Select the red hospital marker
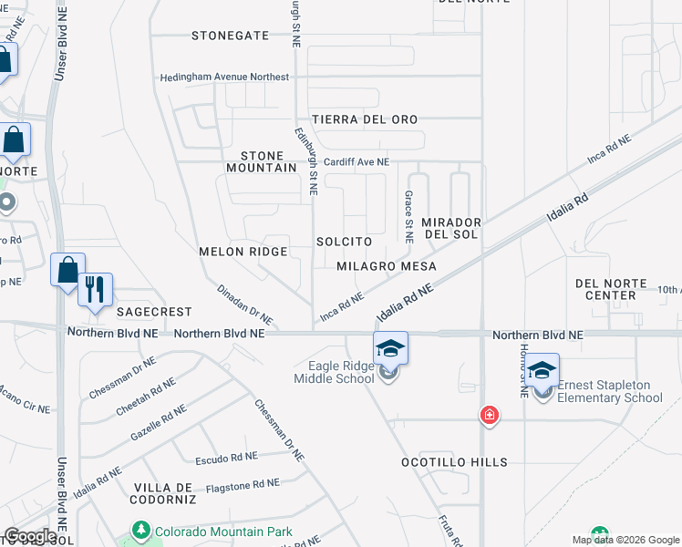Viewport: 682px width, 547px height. point(490,416)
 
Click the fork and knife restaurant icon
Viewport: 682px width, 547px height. point(96,290)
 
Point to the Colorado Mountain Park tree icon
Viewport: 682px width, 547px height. point(140,530)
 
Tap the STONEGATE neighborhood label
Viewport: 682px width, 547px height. point(231,36)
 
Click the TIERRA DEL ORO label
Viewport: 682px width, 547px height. point(365,119)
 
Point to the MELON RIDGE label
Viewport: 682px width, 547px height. point(243,251)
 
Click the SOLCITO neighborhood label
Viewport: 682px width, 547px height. point(344,242)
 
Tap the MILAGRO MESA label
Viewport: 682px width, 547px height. point(386,266)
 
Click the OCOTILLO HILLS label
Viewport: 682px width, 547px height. point(454,462)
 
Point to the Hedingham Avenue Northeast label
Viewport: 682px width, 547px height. point(224,77)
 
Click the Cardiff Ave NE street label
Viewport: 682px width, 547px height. point(356,161)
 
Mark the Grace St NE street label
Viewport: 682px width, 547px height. point(409,216)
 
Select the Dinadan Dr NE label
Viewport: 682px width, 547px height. point(244,304)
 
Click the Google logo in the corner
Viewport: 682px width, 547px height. point(30,536)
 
